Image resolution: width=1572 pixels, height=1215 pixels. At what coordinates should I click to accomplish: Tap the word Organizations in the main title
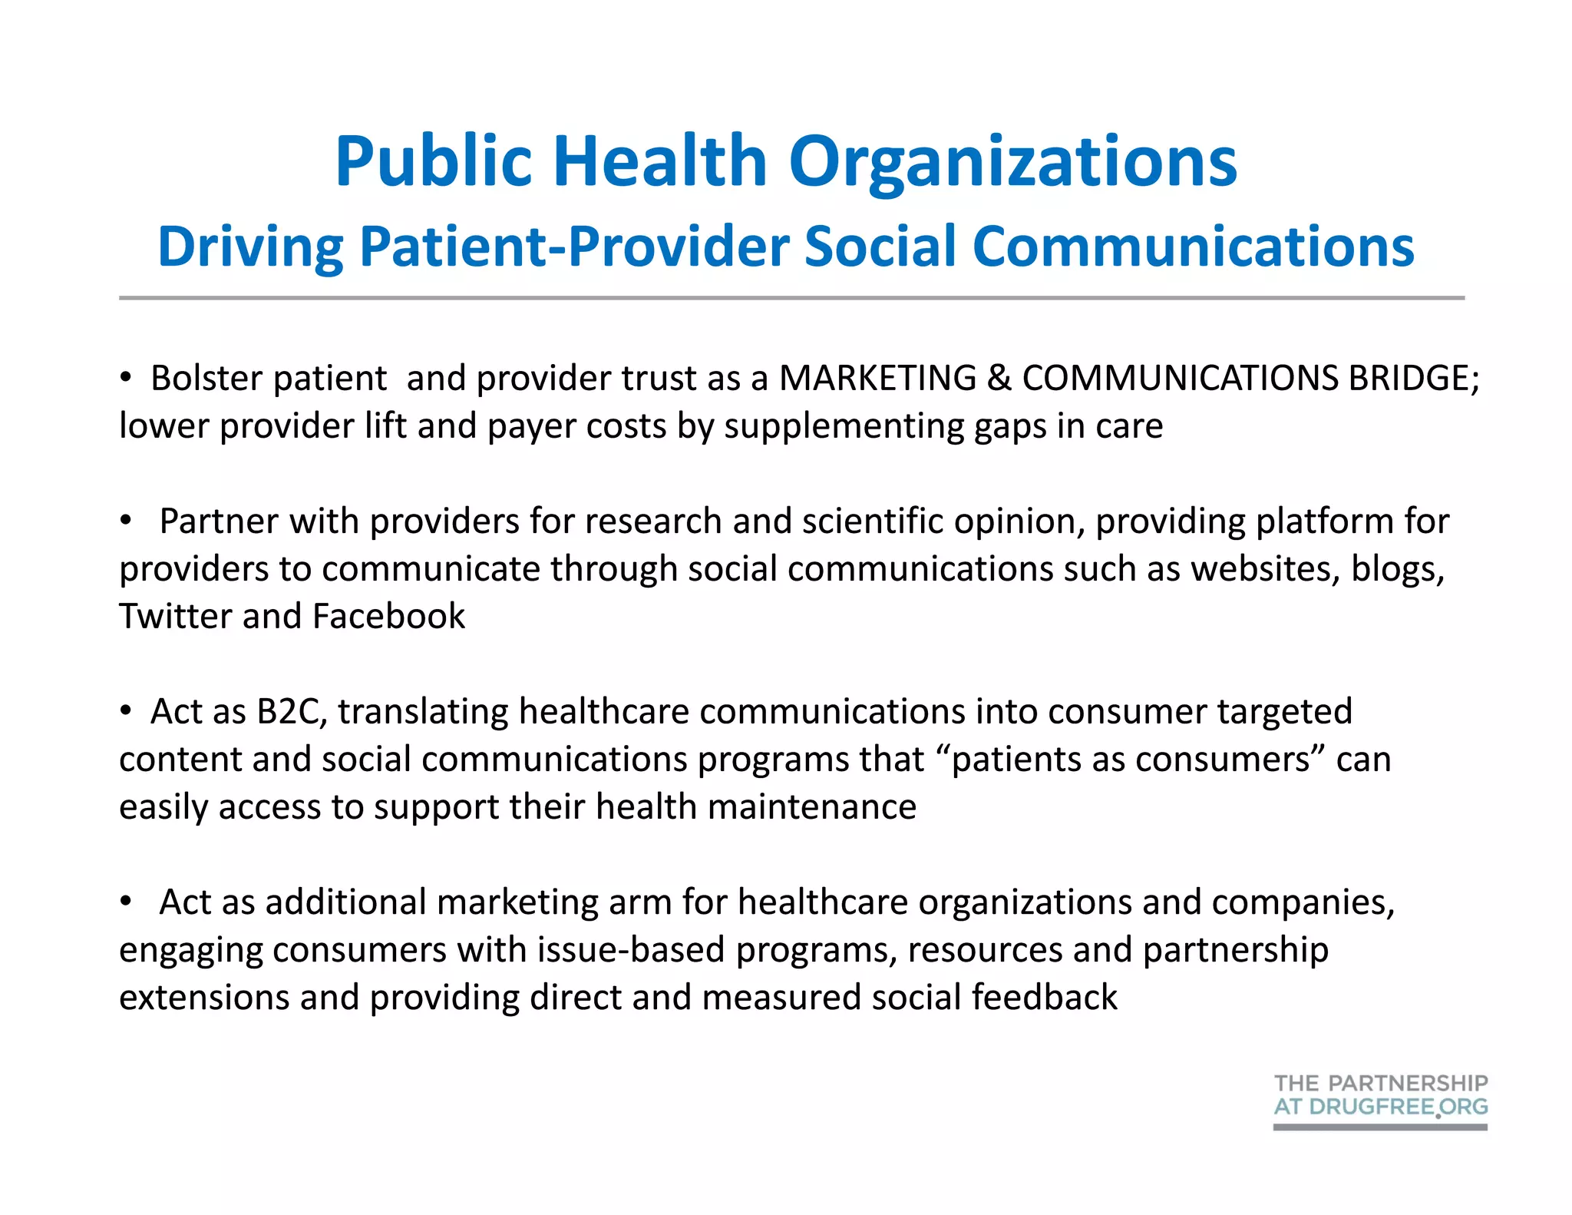1012,163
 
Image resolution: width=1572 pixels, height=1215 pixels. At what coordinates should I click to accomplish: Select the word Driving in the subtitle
250,247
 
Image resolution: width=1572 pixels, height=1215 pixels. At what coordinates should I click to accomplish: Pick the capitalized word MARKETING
877,379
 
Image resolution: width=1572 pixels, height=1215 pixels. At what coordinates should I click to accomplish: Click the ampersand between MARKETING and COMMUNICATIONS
999,379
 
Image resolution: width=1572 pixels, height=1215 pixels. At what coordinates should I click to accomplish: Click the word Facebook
388,617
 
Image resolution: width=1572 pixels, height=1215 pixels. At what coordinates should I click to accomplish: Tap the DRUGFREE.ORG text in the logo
1399,1107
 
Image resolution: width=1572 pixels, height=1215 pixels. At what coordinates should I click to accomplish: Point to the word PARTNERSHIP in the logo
1408,1084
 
